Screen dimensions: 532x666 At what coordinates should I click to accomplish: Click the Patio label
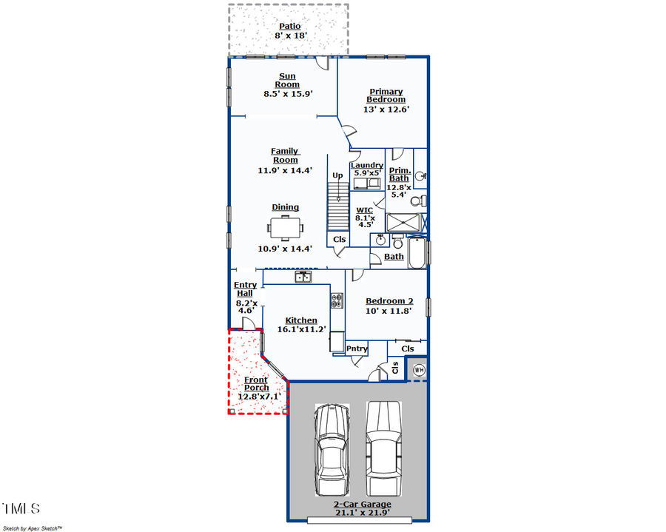point(289,27)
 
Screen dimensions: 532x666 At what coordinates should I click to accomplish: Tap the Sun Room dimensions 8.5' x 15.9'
point(288,94)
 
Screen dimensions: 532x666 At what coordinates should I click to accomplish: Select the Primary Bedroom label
point(386,95)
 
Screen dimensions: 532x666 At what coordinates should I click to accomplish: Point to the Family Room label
point(285,155)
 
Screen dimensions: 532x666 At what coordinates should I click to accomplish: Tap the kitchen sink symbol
point(303,277)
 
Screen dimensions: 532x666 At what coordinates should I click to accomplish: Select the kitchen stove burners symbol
point(337,300)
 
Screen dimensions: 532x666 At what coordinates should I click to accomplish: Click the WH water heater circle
point(419,369)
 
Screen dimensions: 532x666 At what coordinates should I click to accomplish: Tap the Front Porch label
point(256,383)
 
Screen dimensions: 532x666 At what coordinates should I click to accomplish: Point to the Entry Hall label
point(245,289)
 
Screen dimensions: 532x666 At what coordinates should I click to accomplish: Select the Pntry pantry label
point(357,349)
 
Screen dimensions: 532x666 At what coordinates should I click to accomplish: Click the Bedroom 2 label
point(389,301)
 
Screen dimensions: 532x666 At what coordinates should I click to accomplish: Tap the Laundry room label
point(367,165)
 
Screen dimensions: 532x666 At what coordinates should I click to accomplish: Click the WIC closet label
point(364,210)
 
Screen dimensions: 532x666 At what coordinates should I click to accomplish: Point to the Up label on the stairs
point(337,175)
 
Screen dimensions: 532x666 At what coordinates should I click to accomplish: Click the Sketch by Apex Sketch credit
point(33,528)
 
